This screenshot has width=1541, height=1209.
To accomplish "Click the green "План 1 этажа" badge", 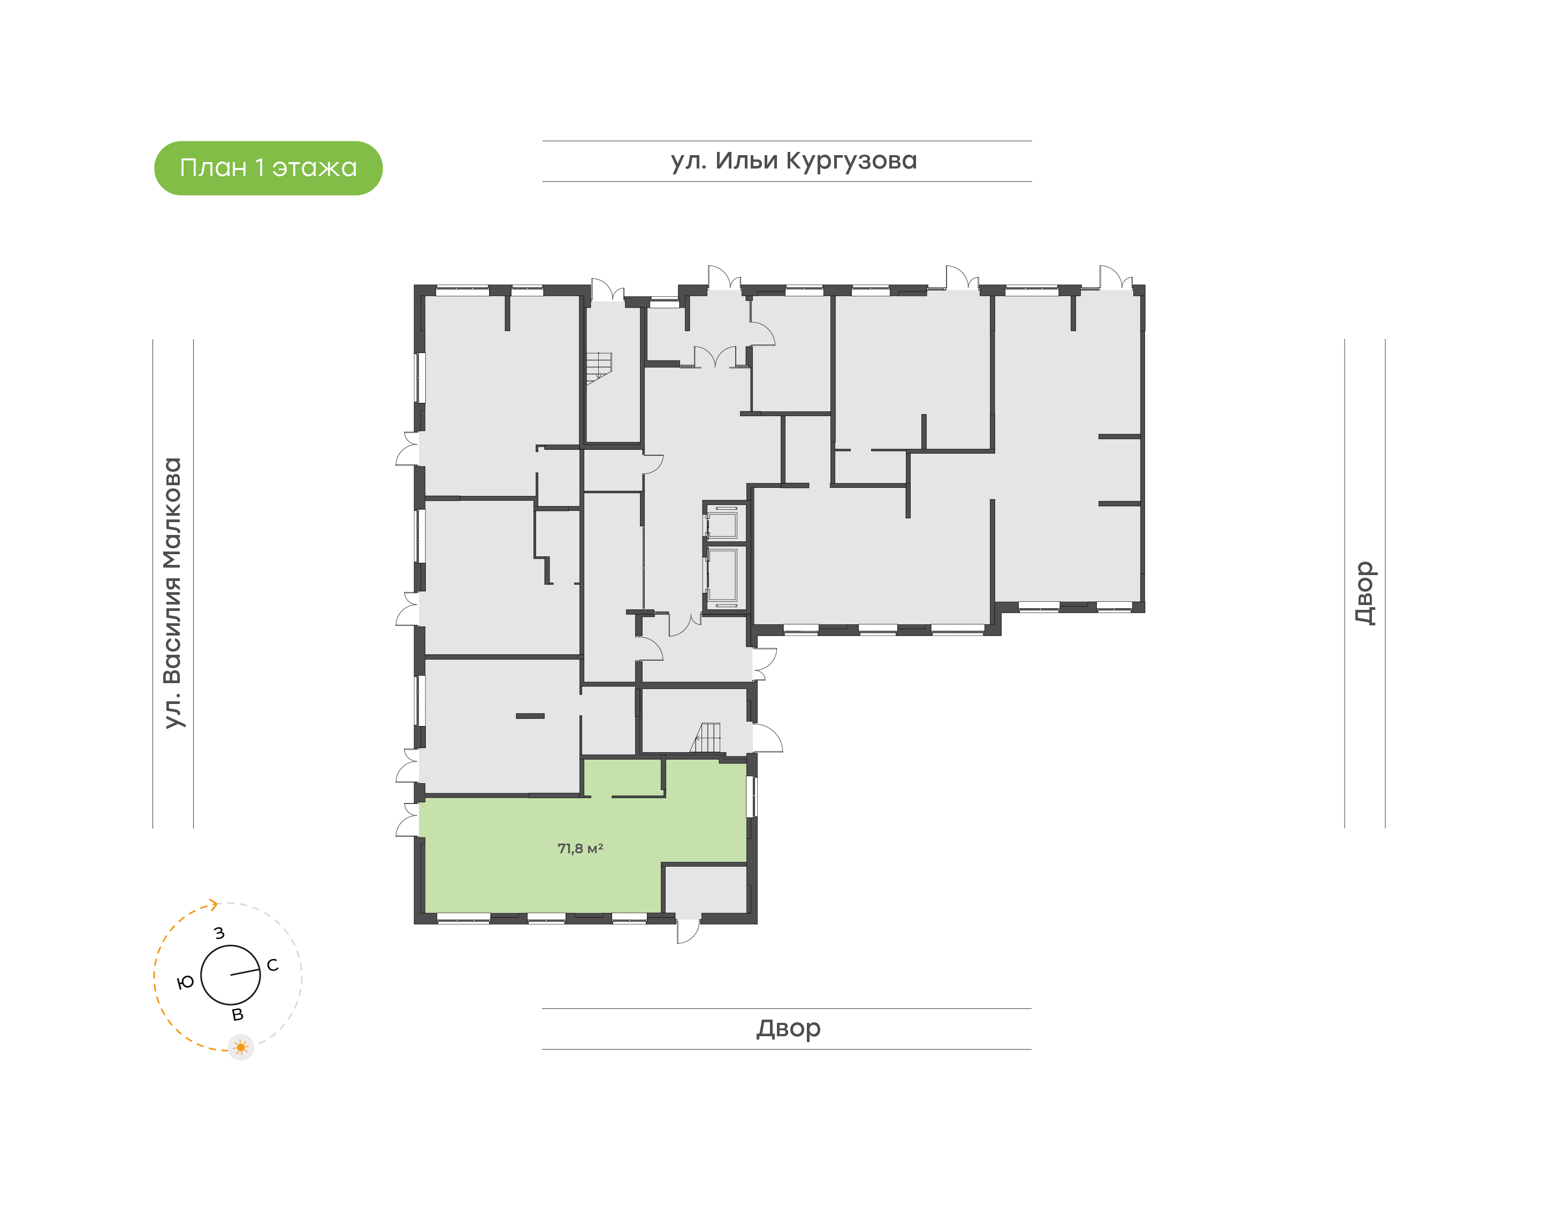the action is pos(268,168).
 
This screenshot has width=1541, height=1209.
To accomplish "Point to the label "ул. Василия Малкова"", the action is pos(173,593).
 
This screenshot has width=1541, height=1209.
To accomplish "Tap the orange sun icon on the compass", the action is pos(241,1047).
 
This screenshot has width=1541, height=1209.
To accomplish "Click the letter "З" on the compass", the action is pos(219,933).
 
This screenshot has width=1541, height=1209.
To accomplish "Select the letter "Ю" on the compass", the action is pos(186,982).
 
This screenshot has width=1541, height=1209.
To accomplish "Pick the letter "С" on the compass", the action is pos(272,966).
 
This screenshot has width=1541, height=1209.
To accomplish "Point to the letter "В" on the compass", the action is pos(238,1015).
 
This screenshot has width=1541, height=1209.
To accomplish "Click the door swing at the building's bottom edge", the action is pos(688,931).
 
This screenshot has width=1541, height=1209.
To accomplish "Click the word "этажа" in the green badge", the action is pos(315,169).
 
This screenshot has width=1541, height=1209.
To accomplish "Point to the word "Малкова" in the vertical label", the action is pos(173,513).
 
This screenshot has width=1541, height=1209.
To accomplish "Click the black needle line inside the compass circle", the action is pos(245,973).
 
